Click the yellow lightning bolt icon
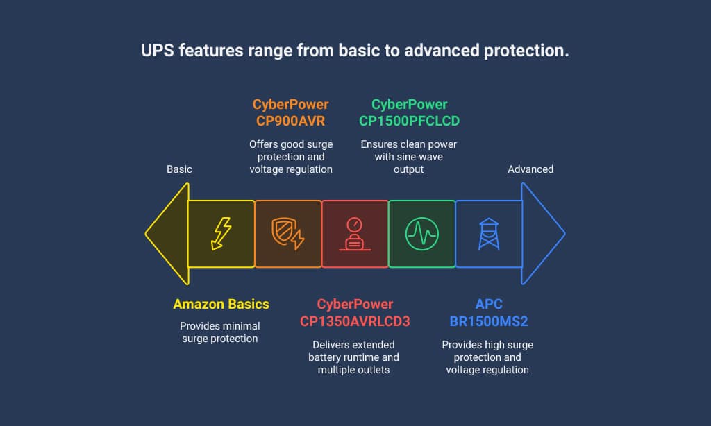[x=221, y=233]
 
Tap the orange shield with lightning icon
[x=287, y=233]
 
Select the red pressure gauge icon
[x=355, y=234]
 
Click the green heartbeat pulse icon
[x=421, y=234]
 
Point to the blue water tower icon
[x=489, y=234]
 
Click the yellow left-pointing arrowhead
[x=167, y=234]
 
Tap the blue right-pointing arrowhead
[x=543, y=234]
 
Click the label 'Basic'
[x=179, y=169]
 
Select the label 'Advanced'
[x=530, y=169]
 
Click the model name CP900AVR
[x=291, y=121]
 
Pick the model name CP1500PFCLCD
[x=410, y=121]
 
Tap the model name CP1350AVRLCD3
[x=355, y=321]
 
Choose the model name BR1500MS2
[x=489, y=321]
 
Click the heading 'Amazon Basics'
[x=221, y=304]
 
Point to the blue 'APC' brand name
[x=489, y=304]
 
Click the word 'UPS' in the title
[x=158, y=51]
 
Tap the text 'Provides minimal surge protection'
[x=220, y=332]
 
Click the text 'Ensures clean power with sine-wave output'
[x=408, y=157]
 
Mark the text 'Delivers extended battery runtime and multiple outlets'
[x=353, y=357]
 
